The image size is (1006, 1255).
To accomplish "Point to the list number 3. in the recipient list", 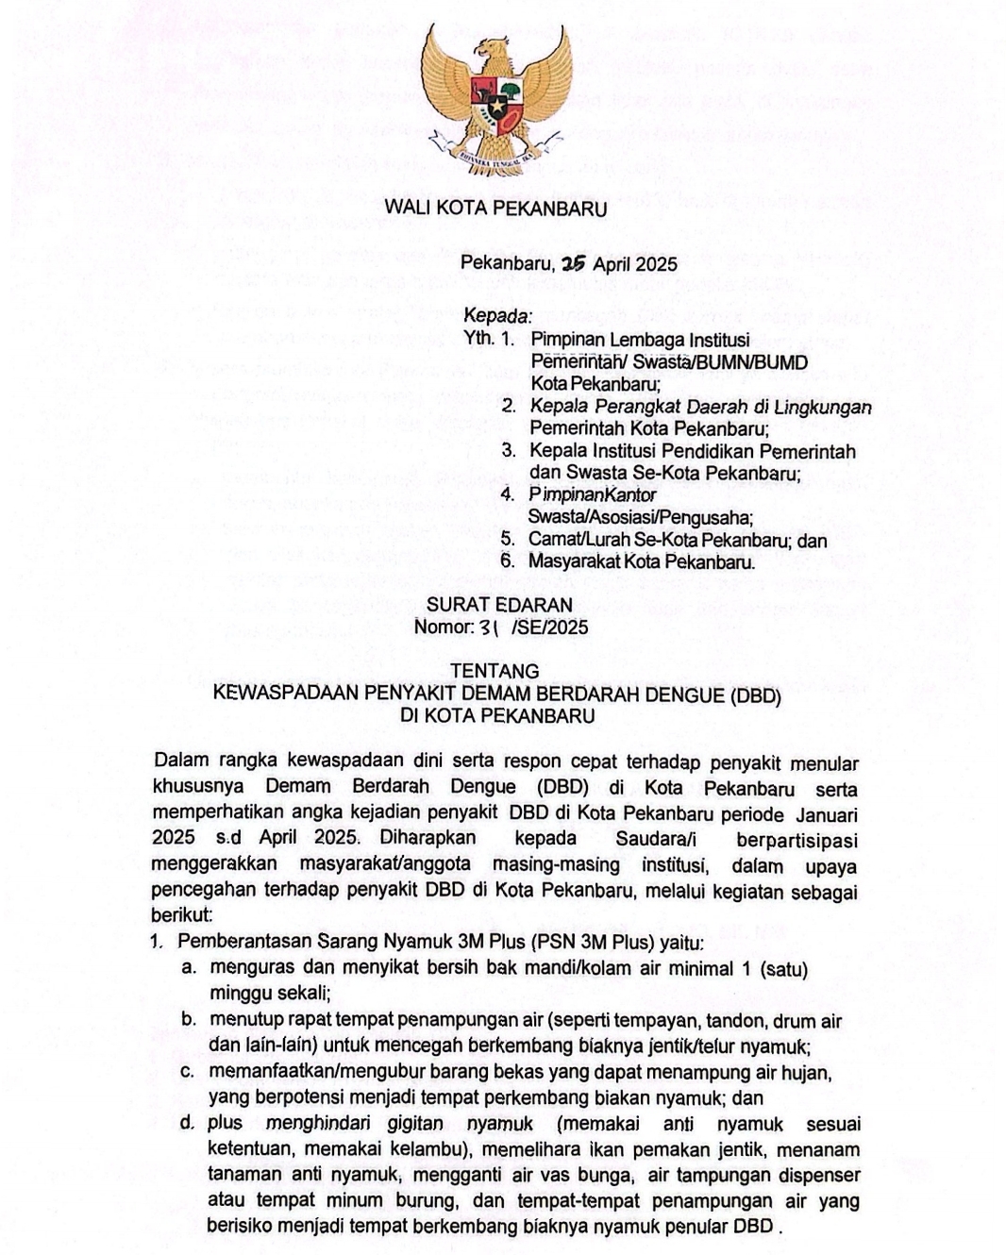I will [x=509, y=451].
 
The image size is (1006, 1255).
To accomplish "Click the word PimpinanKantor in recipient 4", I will [x=592, y=494].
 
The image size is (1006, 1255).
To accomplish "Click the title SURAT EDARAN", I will [x=499, y=605].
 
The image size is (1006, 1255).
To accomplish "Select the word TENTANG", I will [x=495, y=671].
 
